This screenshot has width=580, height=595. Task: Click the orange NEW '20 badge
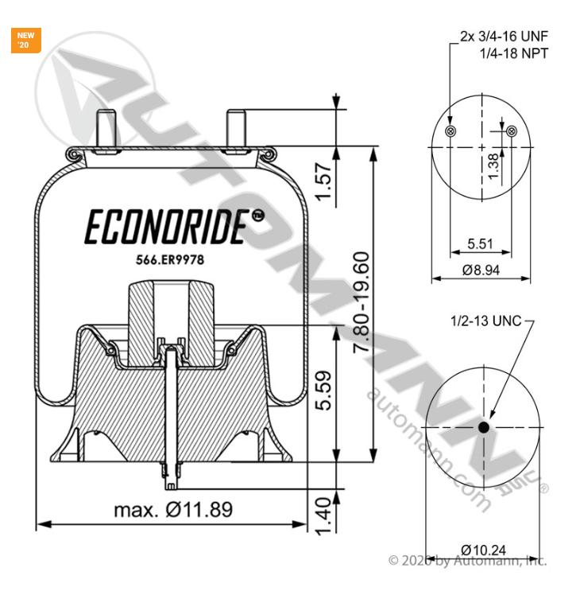(x=27, y=41)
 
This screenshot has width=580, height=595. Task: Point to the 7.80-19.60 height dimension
(x=362, y=304)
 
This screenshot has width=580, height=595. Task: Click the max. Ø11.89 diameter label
(x=173, y=510)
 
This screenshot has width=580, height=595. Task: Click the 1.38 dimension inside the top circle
(x=493, y=166)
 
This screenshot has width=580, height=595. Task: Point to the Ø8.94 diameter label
(x=481, y=270)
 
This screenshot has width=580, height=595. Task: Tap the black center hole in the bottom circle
(x=484, y=428)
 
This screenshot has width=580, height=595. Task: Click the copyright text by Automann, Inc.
(x=466, y=562)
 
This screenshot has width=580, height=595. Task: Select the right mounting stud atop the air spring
(x=235, y=127)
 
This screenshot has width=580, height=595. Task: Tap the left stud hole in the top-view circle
(x=451, y=131)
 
